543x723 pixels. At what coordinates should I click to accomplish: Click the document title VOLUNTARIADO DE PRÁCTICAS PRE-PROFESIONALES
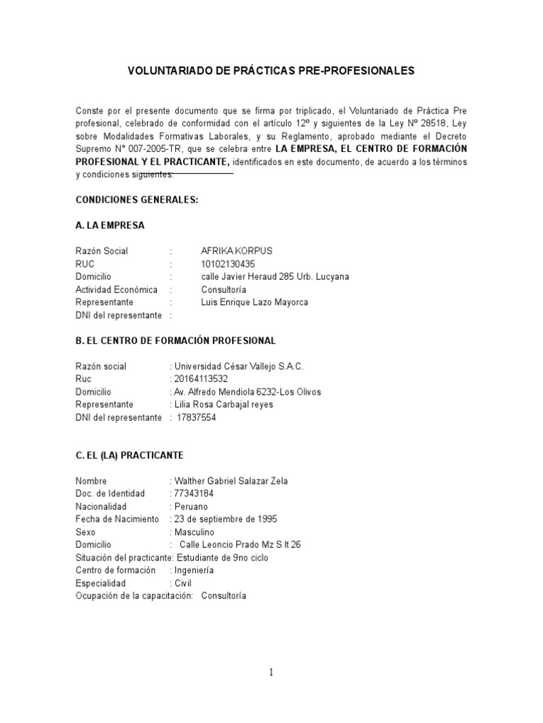[270, 71]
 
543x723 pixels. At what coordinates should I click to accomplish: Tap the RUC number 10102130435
[228, 264]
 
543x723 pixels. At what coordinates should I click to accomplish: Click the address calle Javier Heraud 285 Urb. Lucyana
[274, 277]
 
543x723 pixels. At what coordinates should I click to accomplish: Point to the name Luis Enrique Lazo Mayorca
[255, 302]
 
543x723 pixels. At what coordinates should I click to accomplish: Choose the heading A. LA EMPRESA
[110, 226]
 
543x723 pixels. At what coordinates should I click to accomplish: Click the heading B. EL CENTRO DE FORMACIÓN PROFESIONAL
[175, 341]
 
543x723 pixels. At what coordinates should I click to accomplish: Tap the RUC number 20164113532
[201, 379]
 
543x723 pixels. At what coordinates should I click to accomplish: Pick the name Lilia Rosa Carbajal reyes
[223, 405]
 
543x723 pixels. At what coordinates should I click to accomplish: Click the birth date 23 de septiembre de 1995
[226, 520]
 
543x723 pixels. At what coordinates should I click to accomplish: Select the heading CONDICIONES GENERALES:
[137, 200]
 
